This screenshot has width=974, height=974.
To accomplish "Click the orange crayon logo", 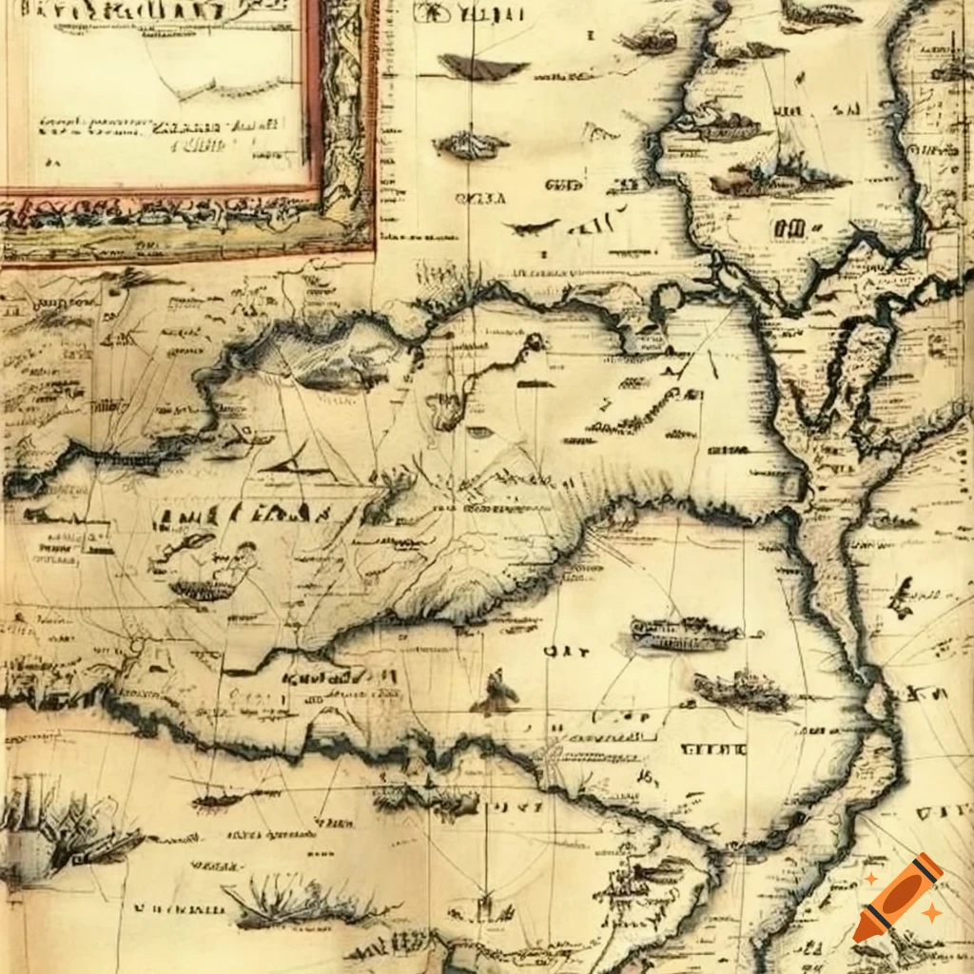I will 897,897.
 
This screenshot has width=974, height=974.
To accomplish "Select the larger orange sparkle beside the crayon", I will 931,912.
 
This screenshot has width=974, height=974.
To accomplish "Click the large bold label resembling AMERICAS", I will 243,516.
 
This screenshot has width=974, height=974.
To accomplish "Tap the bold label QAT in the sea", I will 554,653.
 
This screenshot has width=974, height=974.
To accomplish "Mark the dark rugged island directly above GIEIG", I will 742,691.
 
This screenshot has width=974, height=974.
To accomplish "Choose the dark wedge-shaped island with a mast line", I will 482,66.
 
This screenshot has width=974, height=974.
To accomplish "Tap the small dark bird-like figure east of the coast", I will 900,597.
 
